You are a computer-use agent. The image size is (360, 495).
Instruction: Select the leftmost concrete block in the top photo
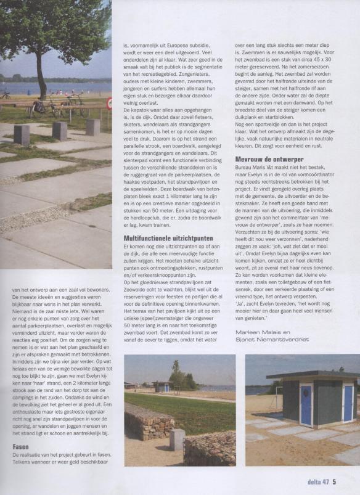(22, 134)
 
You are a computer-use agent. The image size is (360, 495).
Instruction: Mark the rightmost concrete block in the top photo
(92, 126)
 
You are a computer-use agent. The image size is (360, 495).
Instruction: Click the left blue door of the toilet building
(306, 404)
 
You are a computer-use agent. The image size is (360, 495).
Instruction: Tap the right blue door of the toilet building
(348, 403)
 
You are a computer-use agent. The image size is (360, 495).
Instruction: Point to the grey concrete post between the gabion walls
(177, 439)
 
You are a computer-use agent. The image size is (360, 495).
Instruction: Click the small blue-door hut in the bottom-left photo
(162, 387)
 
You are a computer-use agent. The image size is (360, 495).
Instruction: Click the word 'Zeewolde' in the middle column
(139, 298)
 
